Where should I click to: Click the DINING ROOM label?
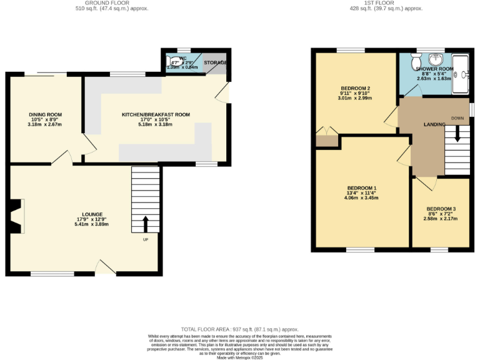pyautogui.click(x=46, y=115)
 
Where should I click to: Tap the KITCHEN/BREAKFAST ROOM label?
pyautogui.click(x=156, y=115)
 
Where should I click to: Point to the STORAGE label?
pyautogui.click(x=216, y=63)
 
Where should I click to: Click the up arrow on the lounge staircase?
pyautogui.click(x=146, y=223)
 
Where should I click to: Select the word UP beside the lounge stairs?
pyautogui.click(x=146, y=240)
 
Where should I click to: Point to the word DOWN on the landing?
pyautogui.click(x=458, y=117)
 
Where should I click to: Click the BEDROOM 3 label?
pyautogui.click(x=441, y=209)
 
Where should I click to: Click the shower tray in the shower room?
pyautogui.click(x=461, y=74)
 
